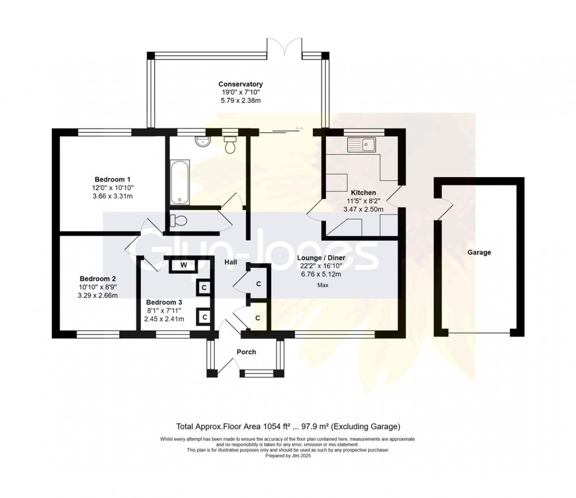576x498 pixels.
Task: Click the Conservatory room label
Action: point(241,84)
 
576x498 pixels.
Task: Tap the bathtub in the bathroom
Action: point(180,182)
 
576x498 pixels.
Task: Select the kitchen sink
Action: point(362,145)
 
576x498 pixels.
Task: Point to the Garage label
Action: point(479,252)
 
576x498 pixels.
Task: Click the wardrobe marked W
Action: point(183,265)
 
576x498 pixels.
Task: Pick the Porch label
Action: point(246,352)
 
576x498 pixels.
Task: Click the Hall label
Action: point(231,262)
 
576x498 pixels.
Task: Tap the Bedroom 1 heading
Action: point(113,179)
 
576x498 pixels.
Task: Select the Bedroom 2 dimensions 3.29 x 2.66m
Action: point(97,295)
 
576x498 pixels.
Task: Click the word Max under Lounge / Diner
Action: point(323,285)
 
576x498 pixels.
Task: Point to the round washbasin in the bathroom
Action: point(201,141)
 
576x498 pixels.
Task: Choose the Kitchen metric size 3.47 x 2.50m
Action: point(363,209)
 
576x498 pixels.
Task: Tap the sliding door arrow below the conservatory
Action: point(299,128)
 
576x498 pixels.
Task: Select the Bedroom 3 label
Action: point(164,302)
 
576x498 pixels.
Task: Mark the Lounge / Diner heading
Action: point(321,258)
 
